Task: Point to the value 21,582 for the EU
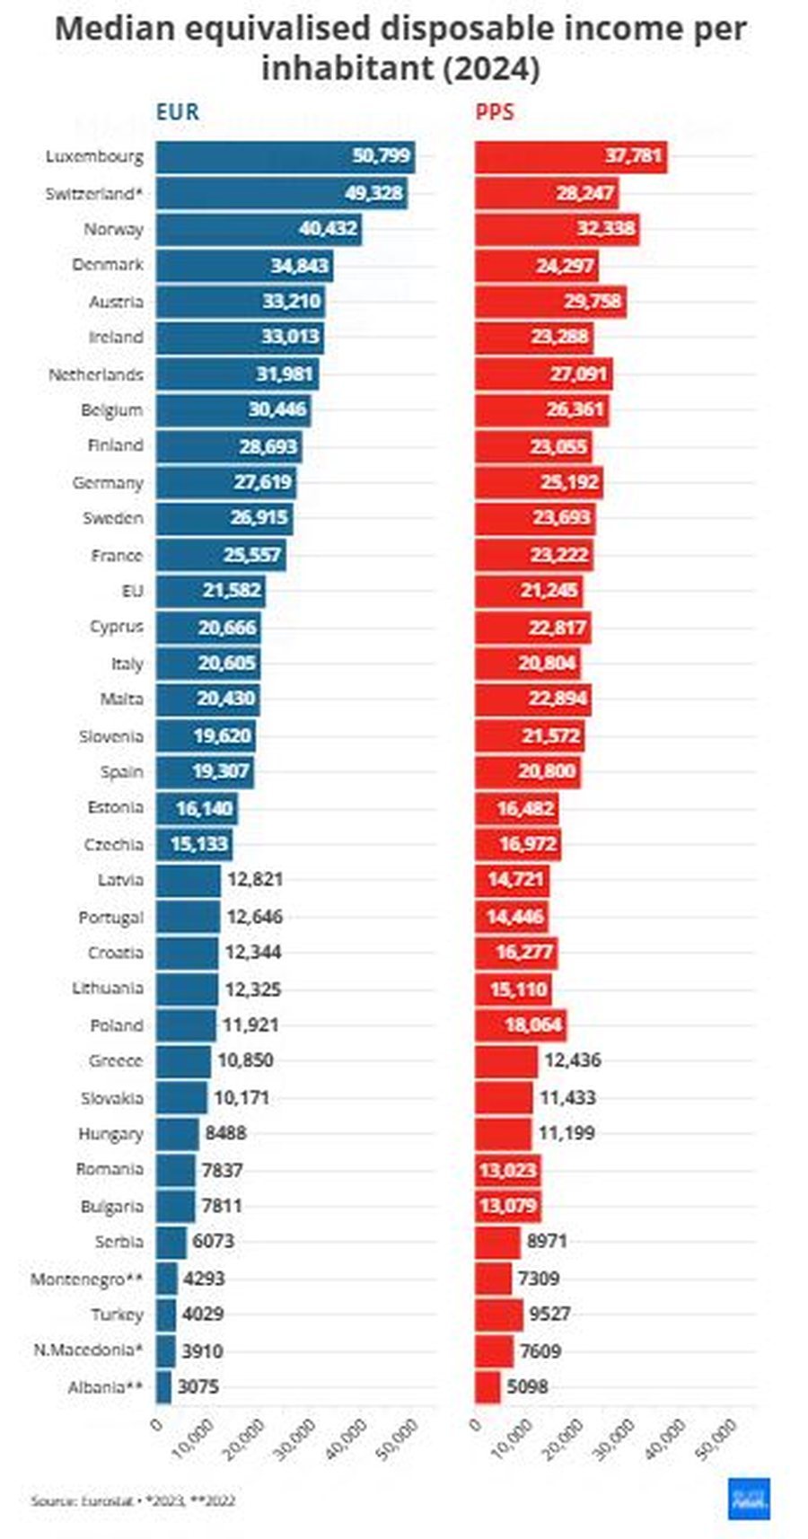coord(230,591)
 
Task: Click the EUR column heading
coord(177,112)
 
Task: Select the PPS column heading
coord(495,112)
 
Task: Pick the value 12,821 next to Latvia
coord(255,880)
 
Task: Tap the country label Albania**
coord(105,1387)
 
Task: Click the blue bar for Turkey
coord(166,1314)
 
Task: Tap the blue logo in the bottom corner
coord(749,1498)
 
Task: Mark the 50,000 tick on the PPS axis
coord(718,1435)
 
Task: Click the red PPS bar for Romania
coord(507,1170)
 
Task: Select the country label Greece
coord(115,1061)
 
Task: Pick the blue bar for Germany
coord(224,482)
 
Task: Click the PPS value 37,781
coord(633,156)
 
